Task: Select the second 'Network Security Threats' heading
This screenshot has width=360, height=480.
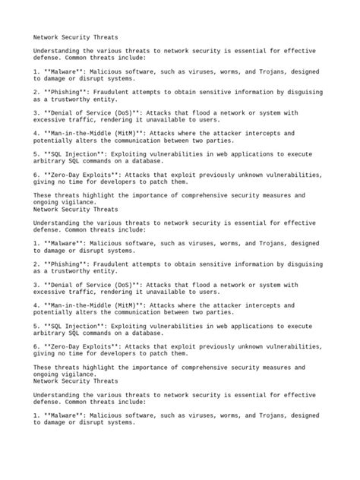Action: (x=75, y=209)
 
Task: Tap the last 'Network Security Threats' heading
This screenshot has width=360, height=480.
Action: (x=75, y=381)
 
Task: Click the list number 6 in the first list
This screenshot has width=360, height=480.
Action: (x=36, y=175)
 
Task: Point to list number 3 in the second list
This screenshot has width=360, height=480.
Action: (x=36, y=285)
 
